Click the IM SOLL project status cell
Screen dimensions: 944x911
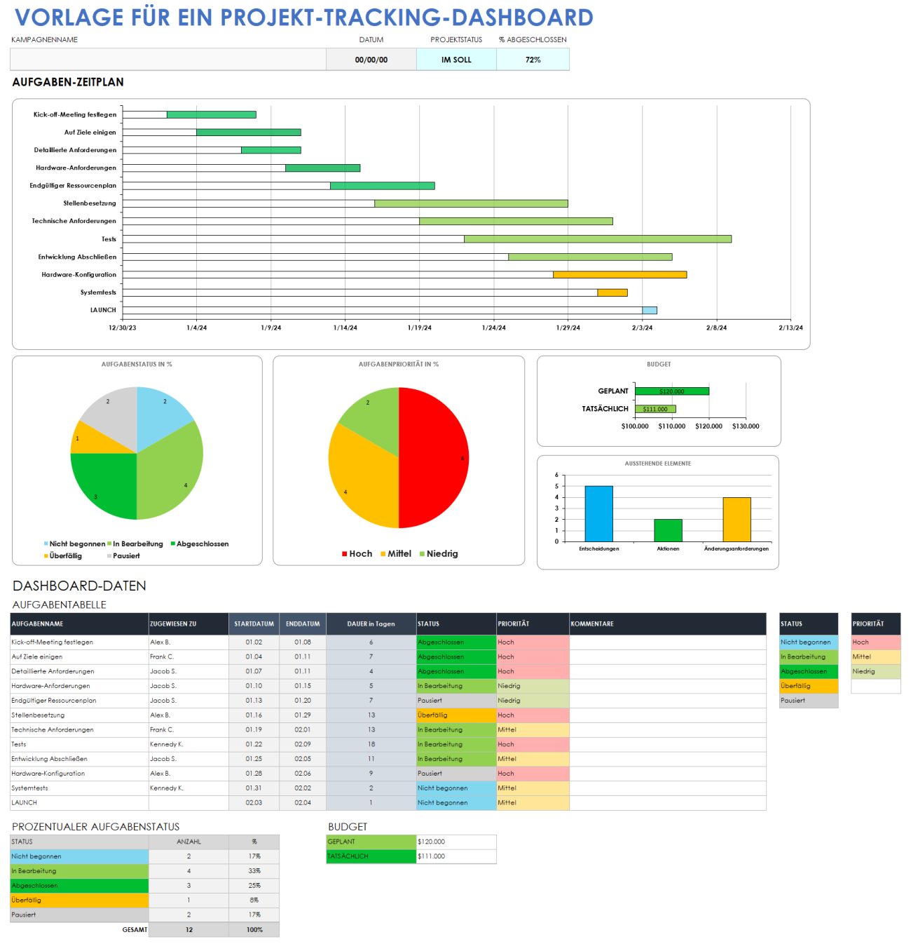(456, 60)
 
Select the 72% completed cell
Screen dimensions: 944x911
(533, 60)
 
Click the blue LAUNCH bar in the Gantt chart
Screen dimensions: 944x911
(650, 310)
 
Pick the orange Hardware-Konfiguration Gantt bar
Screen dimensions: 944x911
(619, 275)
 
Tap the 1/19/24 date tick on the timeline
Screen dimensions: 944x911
(419, 328)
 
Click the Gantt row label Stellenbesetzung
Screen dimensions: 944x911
(90, 203)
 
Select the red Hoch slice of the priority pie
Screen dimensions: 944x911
(434, 456)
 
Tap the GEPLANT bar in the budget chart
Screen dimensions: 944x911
(671, 391)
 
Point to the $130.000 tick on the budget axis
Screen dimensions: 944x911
(746, 426)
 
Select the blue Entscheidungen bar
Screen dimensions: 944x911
(598, 513)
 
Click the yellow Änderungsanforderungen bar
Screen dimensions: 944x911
(737, 519)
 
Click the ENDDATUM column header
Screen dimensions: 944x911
(303, 623)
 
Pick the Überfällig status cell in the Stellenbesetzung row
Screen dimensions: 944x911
(456, 715)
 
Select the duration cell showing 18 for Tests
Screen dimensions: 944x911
(371, 744)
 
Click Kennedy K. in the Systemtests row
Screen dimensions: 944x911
(167, 788)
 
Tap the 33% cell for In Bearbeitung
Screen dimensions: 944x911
(254, 871)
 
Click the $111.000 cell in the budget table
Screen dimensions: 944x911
(455, 856)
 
